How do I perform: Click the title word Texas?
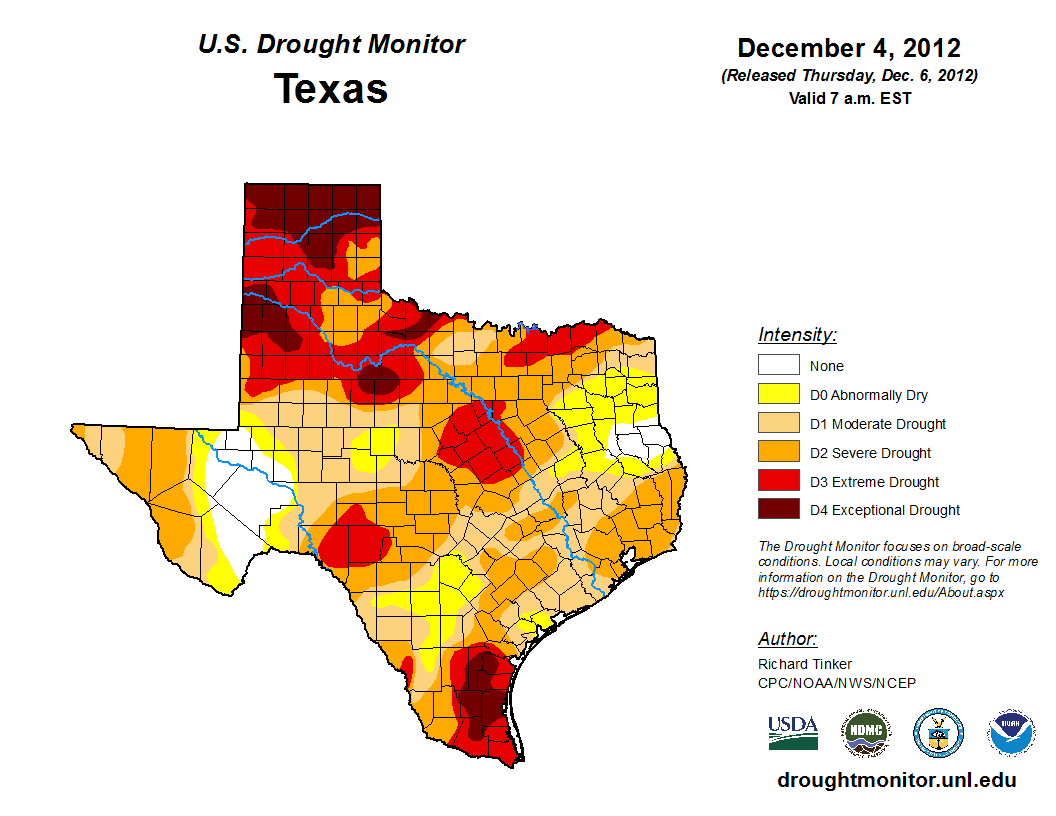coord(331,89)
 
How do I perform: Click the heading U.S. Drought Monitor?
coord(331,45)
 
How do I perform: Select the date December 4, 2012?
coord(849,48)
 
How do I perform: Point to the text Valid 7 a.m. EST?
coord(849,97)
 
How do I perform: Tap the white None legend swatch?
coord(778,366)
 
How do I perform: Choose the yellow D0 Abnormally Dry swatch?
coord(778,395)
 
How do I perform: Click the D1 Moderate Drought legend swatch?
coord(778,424)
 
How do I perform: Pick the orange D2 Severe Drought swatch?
coord(778,453)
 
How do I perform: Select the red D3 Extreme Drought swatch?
coord(778,482)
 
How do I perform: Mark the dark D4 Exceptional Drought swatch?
coord(778,510)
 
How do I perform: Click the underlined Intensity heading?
coord(797,335)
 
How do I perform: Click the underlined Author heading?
coord(787,639)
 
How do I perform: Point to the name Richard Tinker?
coord(805,664)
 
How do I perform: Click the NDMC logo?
coord(865,734)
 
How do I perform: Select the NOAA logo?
coord(1011,734)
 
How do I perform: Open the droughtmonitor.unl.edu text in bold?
coord(896,781)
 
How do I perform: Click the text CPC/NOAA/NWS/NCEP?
coord(837,683)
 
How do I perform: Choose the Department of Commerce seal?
coord(938,734)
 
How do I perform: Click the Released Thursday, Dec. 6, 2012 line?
coord(849,76)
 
